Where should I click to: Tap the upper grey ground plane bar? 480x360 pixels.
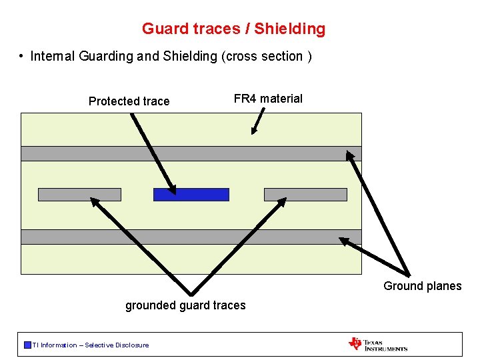[191, 153]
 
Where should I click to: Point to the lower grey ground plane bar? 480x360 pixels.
[191, 237]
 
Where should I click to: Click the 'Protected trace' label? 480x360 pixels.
[129, 101]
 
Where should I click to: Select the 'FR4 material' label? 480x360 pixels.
[268, 99]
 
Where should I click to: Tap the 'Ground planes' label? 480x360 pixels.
[422, 286]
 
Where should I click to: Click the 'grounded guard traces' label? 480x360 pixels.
[185, 305]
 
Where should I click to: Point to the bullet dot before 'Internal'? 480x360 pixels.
[23, 57]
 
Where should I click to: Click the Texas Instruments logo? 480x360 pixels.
[377, 344]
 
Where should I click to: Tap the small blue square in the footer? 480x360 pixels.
[27, 345]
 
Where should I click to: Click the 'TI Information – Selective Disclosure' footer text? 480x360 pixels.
[91, 345]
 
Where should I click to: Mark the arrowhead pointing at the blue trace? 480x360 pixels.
[173, 189]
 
